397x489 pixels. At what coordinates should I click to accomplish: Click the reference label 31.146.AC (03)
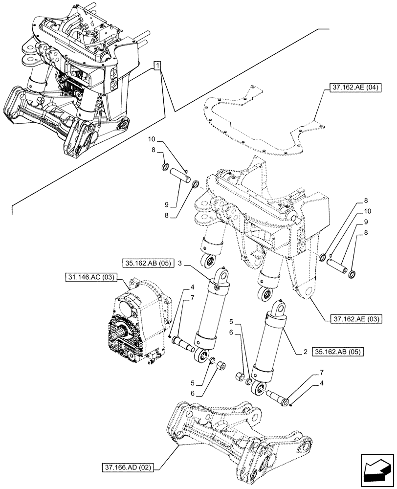pos(89,278)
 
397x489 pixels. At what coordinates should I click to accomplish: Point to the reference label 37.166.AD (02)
pos(128,467)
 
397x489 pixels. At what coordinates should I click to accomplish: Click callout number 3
pos(181,263)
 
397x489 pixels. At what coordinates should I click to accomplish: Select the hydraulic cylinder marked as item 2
pos(270,347)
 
